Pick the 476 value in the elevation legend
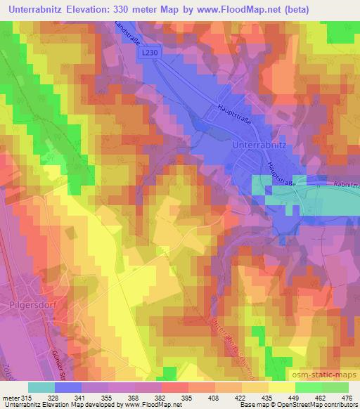347,398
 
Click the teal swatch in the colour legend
41,387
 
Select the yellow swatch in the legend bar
281,387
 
